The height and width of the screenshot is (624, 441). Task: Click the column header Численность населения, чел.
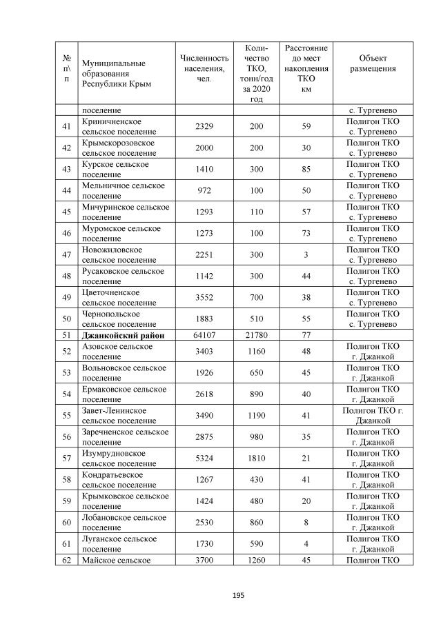(204, 68)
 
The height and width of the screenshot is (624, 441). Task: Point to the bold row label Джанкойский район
(119, 336)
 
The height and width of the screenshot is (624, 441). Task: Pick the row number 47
(66, 254)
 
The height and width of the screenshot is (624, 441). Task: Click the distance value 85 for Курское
(306, 169)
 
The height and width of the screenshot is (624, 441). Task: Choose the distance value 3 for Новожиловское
(306, 254)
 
